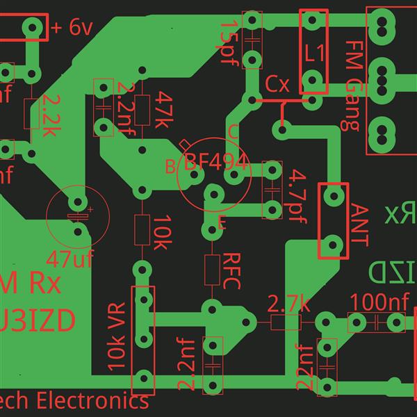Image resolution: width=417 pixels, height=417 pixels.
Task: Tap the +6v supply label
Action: [x=72, y=28]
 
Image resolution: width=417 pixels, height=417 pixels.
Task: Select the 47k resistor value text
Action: [x=164, y=110]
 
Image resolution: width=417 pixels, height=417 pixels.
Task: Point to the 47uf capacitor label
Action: [x=69, y=259]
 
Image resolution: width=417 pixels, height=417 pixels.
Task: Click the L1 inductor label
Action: [x=315, y=51]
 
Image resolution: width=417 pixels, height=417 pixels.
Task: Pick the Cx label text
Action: [x=277, y=85]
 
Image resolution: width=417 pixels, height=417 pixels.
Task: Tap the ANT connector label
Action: [x=360, y=224]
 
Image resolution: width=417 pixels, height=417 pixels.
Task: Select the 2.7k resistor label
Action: [x=288, y=304]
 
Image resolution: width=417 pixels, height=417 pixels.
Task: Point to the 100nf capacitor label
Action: [x=379, y=303]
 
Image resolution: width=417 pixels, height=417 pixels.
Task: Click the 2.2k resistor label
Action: [x=51, y=115]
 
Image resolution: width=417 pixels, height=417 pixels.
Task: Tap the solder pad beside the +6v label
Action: [x=32, y=28]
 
